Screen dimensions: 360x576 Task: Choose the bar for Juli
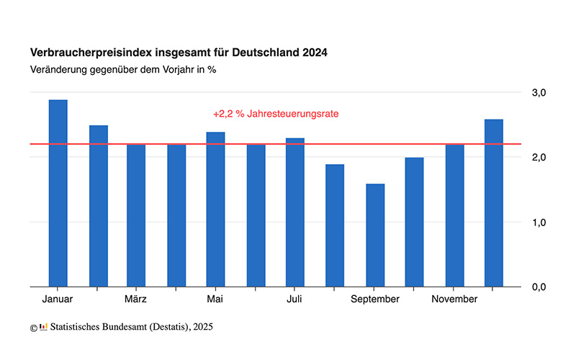click(x=294, y=212)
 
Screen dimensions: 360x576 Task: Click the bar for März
click(x=136, y=215)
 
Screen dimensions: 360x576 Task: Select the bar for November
click(x=454, y=215)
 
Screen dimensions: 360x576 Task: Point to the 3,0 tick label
click(x=539, y=92)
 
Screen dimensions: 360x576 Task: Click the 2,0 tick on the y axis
click(x=539, y=157)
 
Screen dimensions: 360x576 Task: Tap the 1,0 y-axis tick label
click(x=539, y=222)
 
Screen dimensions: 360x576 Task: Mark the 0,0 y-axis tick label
click(x=539, y=287)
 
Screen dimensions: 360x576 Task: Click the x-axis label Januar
click(x=58, y=299)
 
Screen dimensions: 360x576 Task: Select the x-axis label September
click(x=375, y=299)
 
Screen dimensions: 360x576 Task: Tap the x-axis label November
click(x=454, y=299)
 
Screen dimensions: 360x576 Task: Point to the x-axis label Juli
click(x=294, y=299)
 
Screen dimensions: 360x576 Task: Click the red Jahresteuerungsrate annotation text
click(x=276, y=114)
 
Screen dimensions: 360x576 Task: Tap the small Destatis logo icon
click(x=43, y=327)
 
